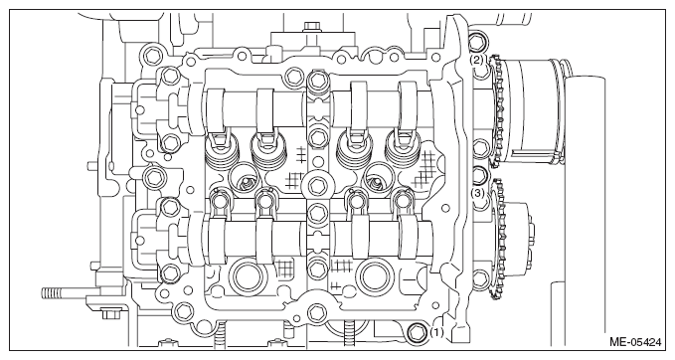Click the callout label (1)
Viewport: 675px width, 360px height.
tap(436, 332)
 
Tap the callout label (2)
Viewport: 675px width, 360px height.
tap(476, 60)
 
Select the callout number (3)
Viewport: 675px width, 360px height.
tap(477, 193)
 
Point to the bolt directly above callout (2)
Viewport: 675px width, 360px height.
tap(476, 42)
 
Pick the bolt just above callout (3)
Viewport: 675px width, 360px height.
tap(478, 175)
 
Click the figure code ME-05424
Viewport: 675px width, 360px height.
tap(635, 342)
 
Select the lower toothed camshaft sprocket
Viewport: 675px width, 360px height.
tap(499, 242)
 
